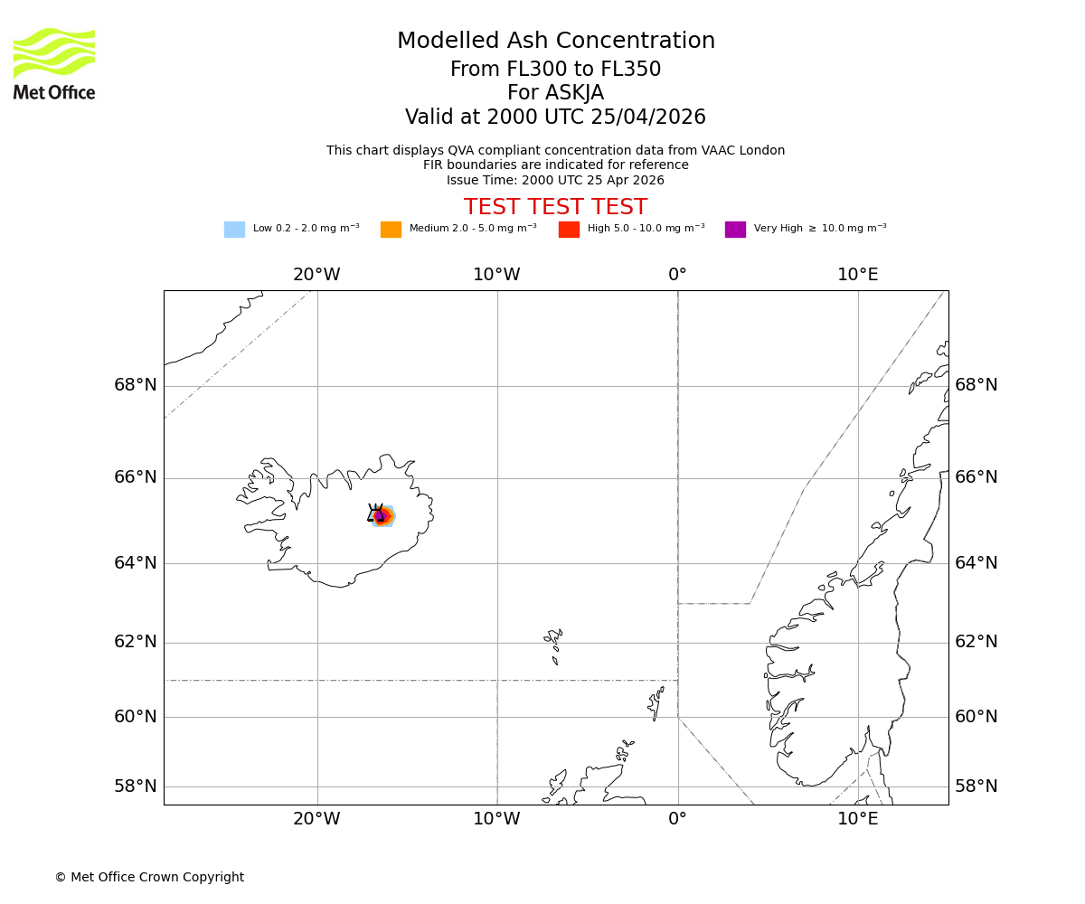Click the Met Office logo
(54, 63)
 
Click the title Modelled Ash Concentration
(556, 42)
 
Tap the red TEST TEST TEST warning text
(555, 208)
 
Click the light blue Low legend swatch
(234, 230)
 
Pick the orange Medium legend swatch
(391, 230)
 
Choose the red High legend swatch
(569, 230)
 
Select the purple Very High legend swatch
(735, 230)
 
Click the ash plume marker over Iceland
(382, 516)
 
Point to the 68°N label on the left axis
(136, 385)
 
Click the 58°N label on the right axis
(976, 786)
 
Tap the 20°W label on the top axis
(316, 275)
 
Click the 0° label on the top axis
(677, 275)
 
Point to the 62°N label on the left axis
(136, 642)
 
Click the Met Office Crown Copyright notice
(149, 878)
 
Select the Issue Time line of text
(555, 181)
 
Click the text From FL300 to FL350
(555, 70)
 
